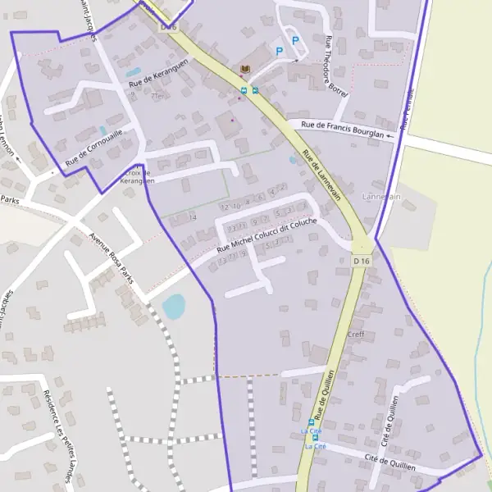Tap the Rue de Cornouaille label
(x=94, y=148)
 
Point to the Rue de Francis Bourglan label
(x=343, y=130)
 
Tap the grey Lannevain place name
(x=381, y=197)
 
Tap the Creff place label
(x=355, y=334)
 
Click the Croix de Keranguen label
(x=136, y=176)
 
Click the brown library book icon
(x=244, y=70)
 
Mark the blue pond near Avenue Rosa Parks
(x=174, y=307)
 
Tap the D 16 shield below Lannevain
(x=362, y=261)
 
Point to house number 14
(x=194, y=217)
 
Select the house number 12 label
(x=225, y=207)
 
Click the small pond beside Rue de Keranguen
(x=134, y=72)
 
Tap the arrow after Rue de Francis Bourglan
(x=404, y=127)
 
